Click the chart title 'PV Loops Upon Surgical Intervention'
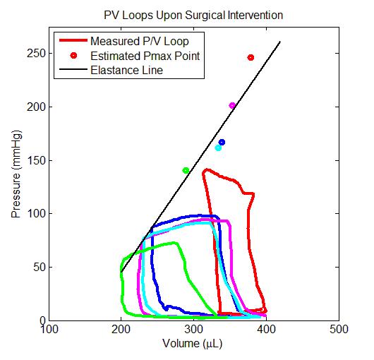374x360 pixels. click(x=193, y=16)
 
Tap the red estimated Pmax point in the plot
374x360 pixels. click(x=251, y=57)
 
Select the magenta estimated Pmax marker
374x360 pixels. click(x=232, y=105)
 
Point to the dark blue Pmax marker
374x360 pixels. click(x=222, y=142)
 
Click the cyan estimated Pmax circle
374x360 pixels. click(x=218, y=148)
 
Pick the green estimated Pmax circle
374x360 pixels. click(x=186, y=170)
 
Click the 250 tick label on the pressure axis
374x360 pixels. click(x=36, y=53)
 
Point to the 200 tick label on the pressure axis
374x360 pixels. click(x=36, y=107)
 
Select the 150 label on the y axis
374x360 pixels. click(x=36, y=160)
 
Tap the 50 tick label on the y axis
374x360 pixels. click(x=40, y=267)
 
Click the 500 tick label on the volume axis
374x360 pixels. click(x=339, y=330)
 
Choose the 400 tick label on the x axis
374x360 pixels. click(x=266, y=330)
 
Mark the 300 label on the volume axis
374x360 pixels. click(x=193, y=330)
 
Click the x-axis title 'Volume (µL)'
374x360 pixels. click(x=193, y=344)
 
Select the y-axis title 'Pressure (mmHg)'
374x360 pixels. click(x=16, y=174)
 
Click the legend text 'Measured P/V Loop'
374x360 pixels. click(x=140, y=41)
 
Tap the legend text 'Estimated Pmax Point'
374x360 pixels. click(x=145, y=56)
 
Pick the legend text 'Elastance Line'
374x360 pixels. click(x=126, y=71)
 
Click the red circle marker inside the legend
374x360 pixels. click(x=73, y=56)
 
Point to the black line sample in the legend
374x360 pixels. click(x=73, y=69)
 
